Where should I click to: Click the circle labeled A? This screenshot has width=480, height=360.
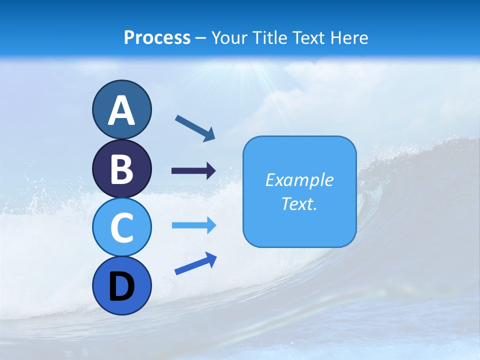(x=121, y=109)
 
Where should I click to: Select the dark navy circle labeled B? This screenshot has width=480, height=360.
(x=121, y=168)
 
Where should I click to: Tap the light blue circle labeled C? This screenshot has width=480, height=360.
(x=121, y=227)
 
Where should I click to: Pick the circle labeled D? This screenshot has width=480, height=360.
(x=121, y=286)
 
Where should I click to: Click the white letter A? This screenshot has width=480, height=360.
(x=121, y=110)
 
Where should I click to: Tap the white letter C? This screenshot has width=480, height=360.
(x=121, y=228)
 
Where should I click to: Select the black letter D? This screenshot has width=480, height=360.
(x=121, y=286)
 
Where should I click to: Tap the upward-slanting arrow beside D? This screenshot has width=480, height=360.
(x=195, y=263)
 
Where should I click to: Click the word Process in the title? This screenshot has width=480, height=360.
(x=157, y=38)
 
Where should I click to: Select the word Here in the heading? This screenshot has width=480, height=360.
(x=349, y=38)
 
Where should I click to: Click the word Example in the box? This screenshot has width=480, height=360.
(x=299, y=180)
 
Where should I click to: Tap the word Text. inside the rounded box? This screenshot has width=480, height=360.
(x=299, y=203)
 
